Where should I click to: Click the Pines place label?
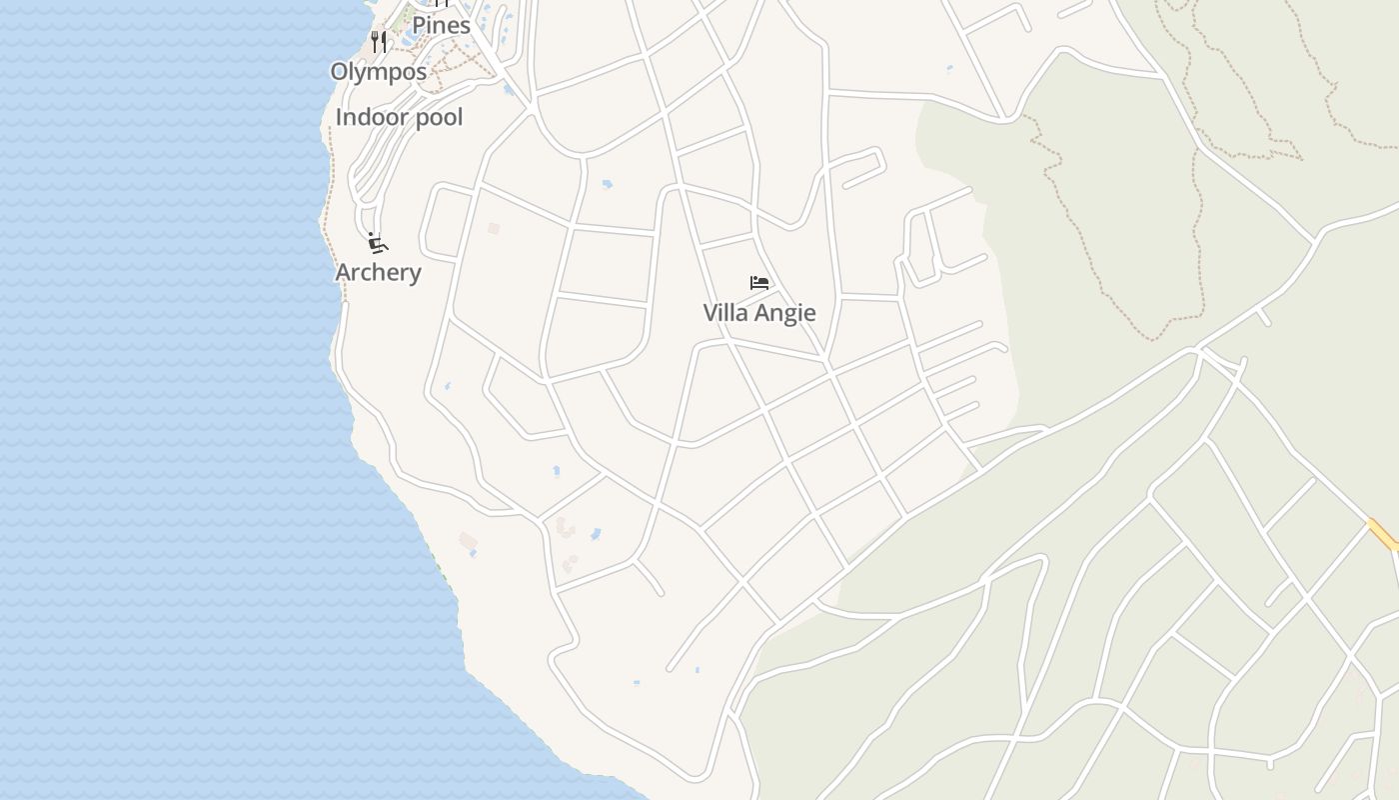point(441,25)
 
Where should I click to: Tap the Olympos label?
point(378,72)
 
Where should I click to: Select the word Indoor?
point(367,117)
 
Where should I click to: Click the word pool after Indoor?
point(433,117)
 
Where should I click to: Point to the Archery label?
point(378,272)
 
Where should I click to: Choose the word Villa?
point(725,313)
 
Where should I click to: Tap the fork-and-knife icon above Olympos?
point(378,41)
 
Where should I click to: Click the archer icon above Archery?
point(377,243)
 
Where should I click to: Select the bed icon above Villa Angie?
point(759,283)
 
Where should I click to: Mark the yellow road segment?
point(1383,535)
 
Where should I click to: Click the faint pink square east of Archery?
point(493,228)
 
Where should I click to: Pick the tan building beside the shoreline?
point(468,541)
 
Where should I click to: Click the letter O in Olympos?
point(340,72)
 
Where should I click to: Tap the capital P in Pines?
point(420,25)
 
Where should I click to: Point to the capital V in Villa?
point(710,313)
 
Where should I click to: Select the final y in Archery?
point(414,274)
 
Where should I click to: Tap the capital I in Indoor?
point(339,117)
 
